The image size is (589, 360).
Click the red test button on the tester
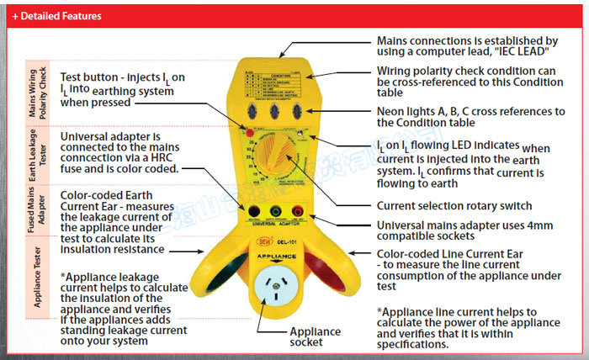pos(250,133)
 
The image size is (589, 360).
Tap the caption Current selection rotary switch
pos(454,206)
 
